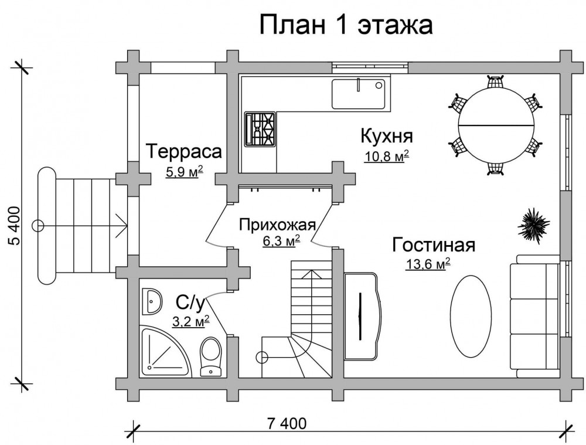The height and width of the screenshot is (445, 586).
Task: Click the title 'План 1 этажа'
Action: pos(346,25)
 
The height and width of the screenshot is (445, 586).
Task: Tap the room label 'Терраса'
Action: pos(184,151)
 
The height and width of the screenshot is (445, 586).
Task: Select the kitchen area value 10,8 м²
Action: pos(386,156)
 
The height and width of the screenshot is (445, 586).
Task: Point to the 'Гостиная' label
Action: pos(434,245)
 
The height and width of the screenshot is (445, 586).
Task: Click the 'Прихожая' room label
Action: pos(277,225)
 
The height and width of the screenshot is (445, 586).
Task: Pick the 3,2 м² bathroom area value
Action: pos(190,321)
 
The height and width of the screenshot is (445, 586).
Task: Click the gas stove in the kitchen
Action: pos(260,128)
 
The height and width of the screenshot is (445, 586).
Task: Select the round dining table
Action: pos(496,124)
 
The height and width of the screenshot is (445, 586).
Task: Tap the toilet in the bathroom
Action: pos(211,356)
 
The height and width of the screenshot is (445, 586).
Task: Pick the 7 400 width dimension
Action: pos(287,423)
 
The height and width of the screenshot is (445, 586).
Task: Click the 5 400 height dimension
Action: pos(14,225)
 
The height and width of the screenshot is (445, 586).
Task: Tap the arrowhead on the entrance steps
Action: pos(122,226)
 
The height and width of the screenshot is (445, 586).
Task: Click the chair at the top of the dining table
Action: pos(496,81)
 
